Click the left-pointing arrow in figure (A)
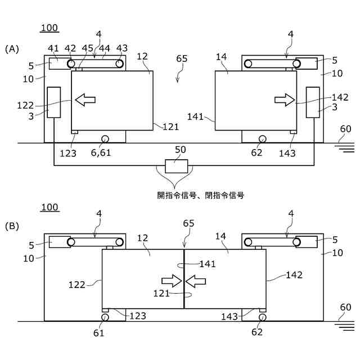[x=85, y=100]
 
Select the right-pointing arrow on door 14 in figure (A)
[x=284, y=100]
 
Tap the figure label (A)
[x=12, y=49]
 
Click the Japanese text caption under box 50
[x=200, y=196]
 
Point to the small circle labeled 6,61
[x=105, y=138]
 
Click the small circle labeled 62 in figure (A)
[x=262, y=138]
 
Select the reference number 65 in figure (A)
[x=182, y=58]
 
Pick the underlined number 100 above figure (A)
[x=49, y=28]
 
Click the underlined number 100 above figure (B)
[x=49, y=208]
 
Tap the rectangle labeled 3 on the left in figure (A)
[x=53, y=102]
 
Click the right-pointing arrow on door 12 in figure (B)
[x=170, y=280]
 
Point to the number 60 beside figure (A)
[x=345, y=129]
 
